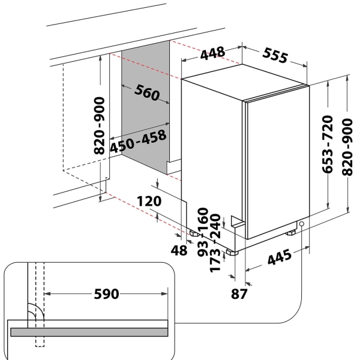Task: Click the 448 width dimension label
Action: point(212,53)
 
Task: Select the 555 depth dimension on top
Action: point(275,56)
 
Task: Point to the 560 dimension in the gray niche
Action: point(147,92)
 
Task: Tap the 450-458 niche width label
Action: point(138,141)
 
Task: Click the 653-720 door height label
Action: point(328,144)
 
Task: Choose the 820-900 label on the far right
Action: point(347,147)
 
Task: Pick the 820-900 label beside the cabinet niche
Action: point(100,125)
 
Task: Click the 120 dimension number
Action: point(149,201)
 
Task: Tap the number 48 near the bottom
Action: point(179,250)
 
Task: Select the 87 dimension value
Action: point(239,293)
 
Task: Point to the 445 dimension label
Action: point(280,257)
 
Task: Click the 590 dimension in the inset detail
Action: point(107,294)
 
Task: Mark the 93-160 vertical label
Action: point(203,232)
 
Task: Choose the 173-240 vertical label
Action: point(215,243)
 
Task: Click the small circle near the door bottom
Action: point(302,224)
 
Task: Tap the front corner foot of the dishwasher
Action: point(232,252)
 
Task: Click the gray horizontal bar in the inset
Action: point(89,332)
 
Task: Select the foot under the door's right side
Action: point(291,233)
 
